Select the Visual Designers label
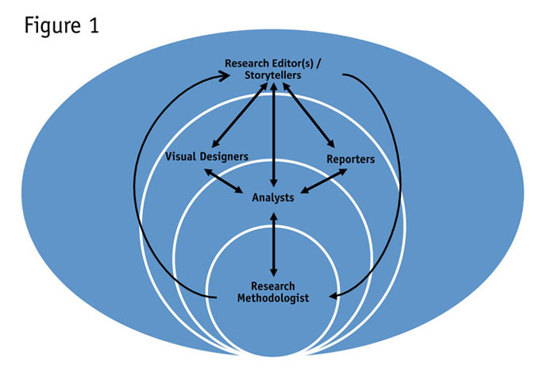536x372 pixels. pos(206,156)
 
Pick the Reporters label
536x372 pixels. pos(351,159)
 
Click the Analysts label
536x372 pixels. pos(273,195)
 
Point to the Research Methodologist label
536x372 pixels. pos(273,292)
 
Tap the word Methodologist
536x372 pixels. pos(273,297)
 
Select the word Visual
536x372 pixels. pos(180,156)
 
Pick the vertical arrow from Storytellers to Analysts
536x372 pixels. pos(273,135)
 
